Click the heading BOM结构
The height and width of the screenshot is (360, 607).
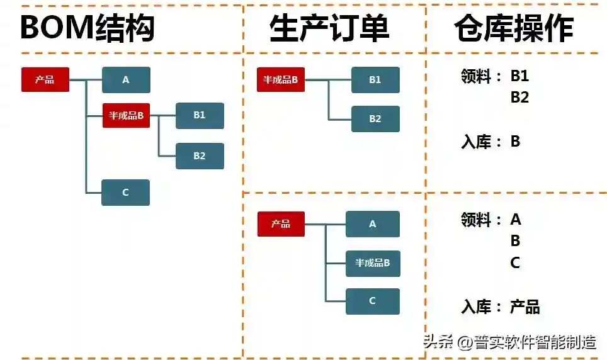coord(88,28)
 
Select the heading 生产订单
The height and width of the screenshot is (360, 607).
coord(329,28)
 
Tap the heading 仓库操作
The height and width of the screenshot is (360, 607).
coord(514,28)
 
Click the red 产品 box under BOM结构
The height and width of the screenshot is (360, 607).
coord(45,80)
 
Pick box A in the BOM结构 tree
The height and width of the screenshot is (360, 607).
coord(126,80)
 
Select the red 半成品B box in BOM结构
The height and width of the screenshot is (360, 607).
coord(126,115)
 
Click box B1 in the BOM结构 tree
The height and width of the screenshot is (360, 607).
coord(200,115)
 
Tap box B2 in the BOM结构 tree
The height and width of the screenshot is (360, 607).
coord(200,156)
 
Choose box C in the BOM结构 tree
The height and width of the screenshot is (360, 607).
coord(125,193)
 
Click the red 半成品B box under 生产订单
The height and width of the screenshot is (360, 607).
coord(280,80)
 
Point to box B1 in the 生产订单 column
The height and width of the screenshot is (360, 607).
coord(375,80)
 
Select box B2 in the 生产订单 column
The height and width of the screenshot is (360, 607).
coord(375,119)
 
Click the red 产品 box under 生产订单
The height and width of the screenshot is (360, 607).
coord(281,224)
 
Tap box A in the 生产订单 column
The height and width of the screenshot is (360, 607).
coord(373,224)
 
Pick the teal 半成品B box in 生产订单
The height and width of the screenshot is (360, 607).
coord(373,263)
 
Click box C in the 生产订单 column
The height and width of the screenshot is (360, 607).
coord(373,301)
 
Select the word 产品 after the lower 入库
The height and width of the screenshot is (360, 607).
coord(525,308)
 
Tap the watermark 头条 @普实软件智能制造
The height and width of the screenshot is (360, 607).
coord(510,342)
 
